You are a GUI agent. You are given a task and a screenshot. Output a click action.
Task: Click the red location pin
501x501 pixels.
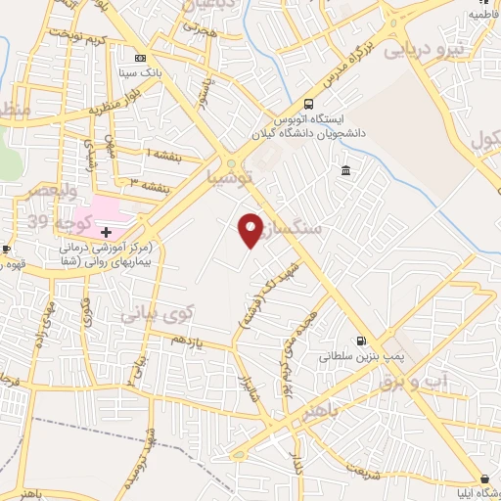pos(251,229)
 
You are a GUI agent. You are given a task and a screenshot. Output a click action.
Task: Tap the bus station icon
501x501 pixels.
pos(309,104)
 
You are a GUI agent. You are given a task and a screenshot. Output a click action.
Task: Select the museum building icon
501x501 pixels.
pos(346,172)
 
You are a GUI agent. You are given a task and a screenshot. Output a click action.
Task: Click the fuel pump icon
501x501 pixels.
pos(362,342)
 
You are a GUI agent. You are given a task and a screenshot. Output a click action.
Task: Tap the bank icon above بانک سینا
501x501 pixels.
pos(140,57)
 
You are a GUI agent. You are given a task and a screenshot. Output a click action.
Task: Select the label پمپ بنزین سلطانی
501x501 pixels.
pos(355,358)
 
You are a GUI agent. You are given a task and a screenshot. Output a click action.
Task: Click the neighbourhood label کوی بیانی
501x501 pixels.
pos(158,315)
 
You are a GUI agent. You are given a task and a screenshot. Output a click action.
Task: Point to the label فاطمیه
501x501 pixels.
pos(484,15)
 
